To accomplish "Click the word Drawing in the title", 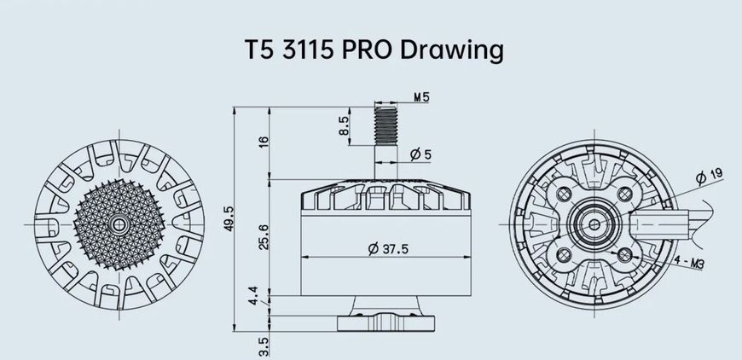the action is click(451, 50).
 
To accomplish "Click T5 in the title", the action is click(259, 49).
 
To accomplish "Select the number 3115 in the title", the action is click(308, 49).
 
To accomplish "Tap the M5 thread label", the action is click(421, 97).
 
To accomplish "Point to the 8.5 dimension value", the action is click(344, 126).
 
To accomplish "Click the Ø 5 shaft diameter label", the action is click(420, 154).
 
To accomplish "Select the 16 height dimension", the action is click(264, 142).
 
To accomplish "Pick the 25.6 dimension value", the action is click(264, 236).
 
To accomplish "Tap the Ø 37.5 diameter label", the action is click(388, 248).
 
